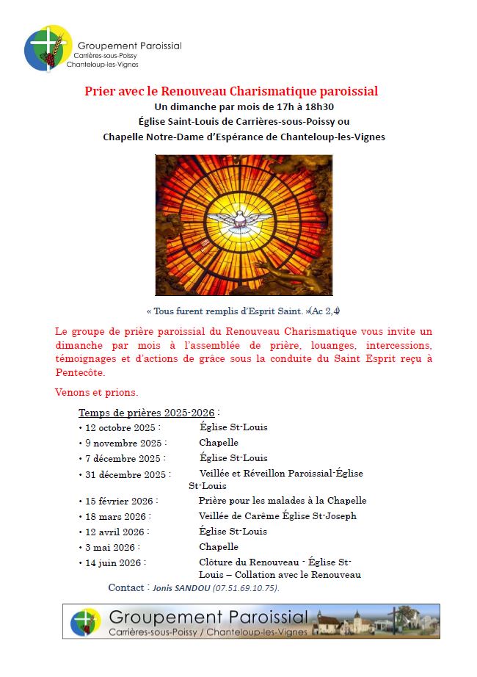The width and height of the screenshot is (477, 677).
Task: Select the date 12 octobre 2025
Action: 121,427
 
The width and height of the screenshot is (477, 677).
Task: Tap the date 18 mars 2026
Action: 115,516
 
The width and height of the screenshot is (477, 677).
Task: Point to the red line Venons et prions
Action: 96,392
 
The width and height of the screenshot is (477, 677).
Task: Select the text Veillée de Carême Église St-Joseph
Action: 277,516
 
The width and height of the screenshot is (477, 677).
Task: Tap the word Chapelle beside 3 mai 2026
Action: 219,547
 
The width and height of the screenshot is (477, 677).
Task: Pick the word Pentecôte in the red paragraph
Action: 79,373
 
